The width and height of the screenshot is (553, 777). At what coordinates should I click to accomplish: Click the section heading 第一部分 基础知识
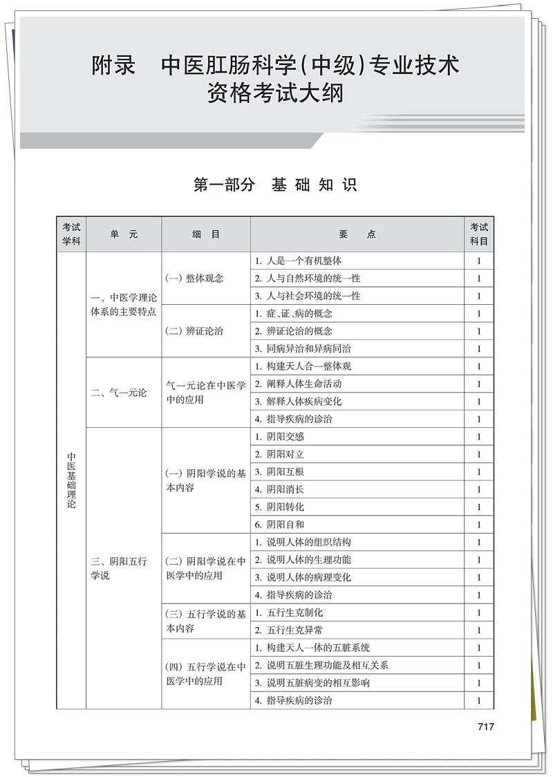pyautogui.click(x=275, y=185)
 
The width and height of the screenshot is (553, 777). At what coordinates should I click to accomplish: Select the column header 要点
pyautogui.click(x=357, y=234)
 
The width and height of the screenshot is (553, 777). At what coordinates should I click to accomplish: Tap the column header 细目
pyautogui.click(x=206, y=234)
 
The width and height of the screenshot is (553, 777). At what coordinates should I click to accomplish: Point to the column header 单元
pyautogui.click(x=124, y=234)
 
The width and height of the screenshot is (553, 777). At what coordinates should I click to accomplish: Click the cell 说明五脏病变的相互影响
pyautogui.click(x=312, y=683)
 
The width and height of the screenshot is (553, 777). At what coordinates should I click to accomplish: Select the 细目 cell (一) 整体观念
pyautogui.click(x=195, y=279)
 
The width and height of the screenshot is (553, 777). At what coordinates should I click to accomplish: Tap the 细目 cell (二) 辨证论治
pyautogui.click(x=195, y=331)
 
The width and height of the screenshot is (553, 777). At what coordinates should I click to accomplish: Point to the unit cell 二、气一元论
pyautogui.click(x=119, y=393)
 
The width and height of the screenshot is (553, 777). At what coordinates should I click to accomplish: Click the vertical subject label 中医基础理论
pyautogui.click(x=72, y=480)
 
